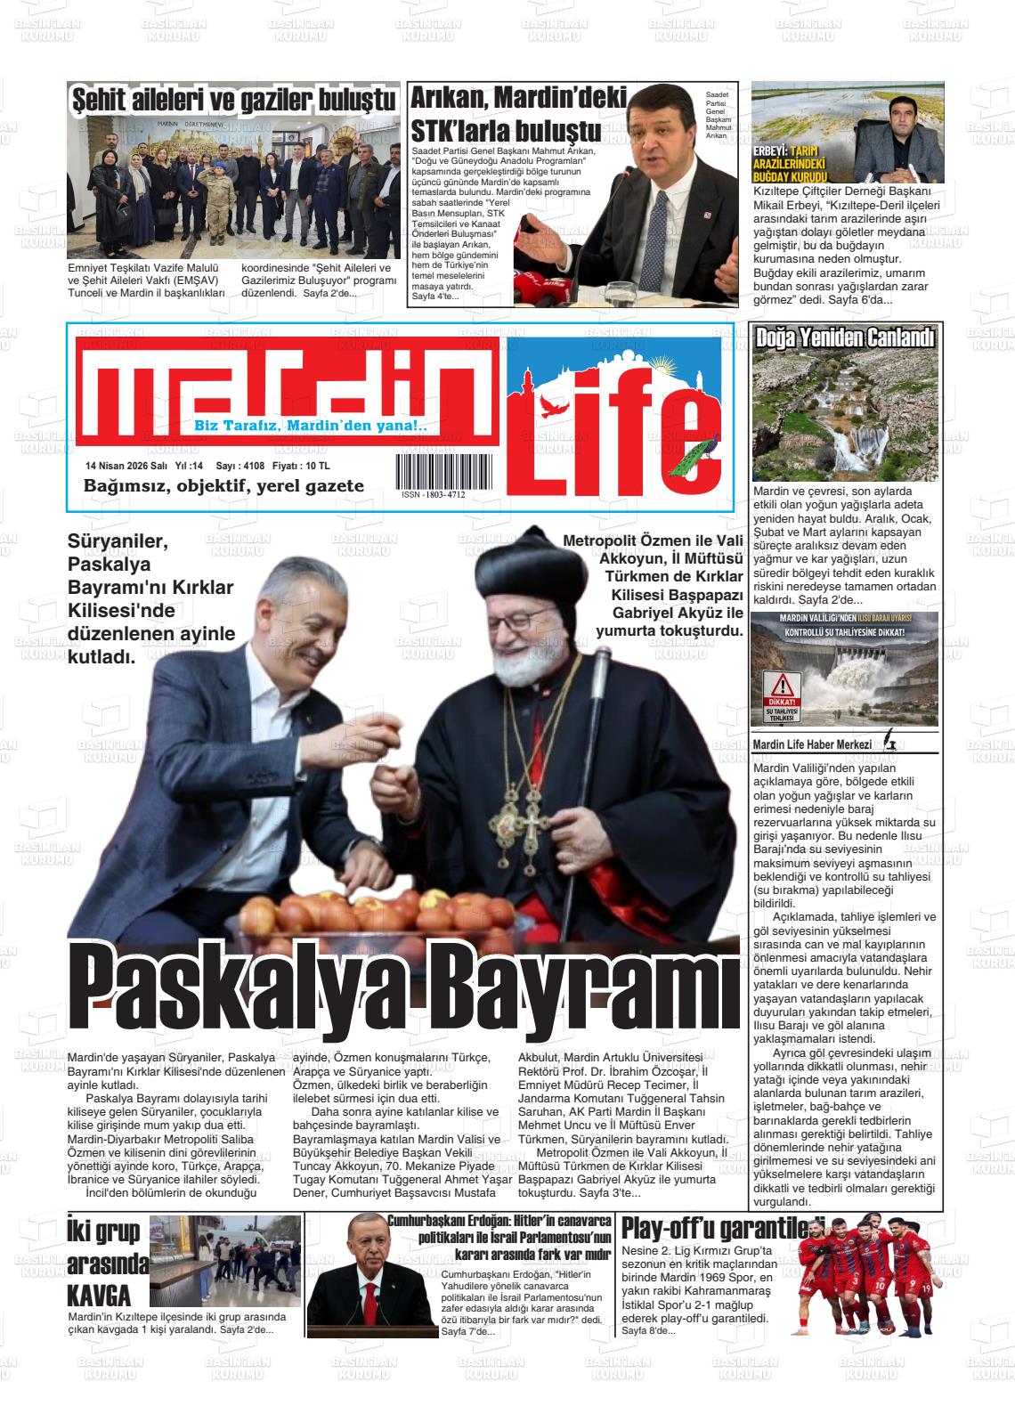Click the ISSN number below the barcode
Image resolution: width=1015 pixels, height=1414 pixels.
(433, 494)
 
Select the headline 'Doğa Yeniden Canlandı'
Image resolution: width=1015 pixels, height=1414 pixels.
(844, 337)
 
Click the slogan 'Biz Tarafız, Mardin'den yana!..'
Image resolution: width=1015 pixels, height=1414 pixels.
(311, 427)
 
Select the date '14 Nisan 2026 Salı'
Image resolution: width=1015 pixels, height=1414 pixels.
(126, 466)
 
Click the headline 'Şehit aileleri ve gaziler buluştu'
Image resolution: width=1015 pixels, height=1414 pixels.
(232, 100)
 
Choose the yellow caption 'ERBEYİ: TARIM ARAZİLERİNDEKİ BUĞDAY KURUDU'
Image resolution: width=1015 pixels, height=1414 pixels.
(791, 164)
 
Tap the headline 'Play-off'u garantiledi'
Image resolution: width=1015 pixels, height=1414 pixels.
(723, 1227)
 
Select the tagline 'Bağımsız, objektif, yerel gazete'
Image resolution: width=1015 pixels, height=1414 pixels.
(223, 486)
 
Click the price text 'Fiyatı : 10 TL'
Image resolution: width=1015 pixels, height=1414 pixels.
(301, 466)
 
